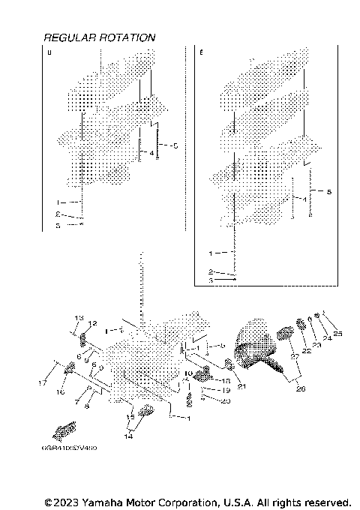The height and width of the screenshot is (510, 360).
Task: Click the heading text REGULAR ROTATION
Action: pyautogui.click(x=100, y=37)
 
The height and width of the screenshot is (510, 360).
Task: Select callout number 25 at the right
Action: pyautogui.click(x=337, y=333)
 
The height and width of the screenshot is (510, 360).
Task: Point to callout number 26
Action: pyautogui.click(x=301, y=388)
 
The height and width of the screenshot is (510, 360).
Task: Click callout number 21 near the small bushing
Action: pyautogui.click(x=241, y=386)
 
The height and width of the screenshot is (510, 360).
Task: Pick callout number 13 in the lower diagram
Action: pyautogui.click(x=78, y=319)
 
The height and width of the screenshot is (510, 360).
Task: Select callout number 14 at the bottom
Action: pyautogui.click(x=128, y=435)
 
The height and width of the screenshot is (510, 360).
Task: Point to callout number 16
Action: pyautogui.click(x=61, y=391)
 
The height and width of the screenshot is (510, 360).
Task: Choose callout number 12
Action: pyautogui.click(x=92, y=324)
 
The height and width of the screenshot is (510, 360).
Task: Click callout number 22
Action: pyautogui.click(x=306, y=351)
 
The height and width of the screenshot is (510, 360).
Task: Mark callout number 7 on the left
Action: pyautogui.click(x=77, y=402)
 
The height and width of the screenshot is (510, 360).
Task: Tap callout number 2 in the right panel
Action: pyautogui.click(x=211, y=271)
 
